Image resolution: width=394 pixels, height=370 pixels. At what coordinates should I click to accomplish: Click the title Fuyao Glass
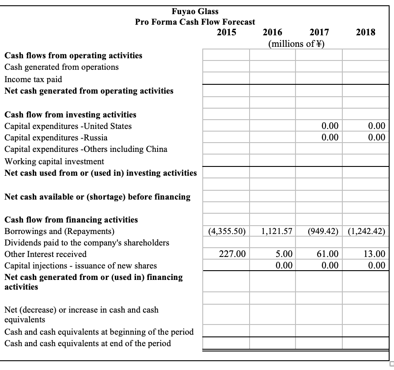coord(195,11)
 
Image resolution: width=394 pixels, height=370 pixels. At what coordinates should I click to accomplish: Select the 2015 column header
coord(227,32)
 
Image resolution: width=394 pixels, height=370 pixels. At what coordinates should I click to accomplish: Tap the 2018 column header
coord(366,32)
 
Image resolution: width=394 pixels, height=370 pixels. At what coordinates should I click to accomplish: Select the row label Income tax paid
coord(33,79)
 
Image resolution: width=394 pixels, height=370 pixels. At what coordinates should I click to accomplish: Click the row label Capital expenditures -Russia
coord(56,137)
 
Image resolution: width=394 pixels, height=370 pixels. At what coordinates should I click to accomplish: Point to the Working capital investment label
coord(54,161)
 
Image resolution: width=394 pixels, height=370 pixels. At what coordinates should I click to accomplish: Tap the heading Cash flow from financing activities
coord(71,219)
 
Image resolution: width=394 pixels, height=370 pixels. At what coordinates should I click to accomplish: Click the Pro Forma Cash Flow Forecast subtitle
coord(195,22)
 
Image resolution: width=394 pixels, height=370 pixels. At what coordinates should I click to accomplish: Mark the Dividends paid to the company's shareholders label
coord(87,242)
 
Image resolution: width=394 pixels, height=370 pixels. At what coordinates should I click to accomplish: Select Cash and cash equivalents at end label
coord(87,343)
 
